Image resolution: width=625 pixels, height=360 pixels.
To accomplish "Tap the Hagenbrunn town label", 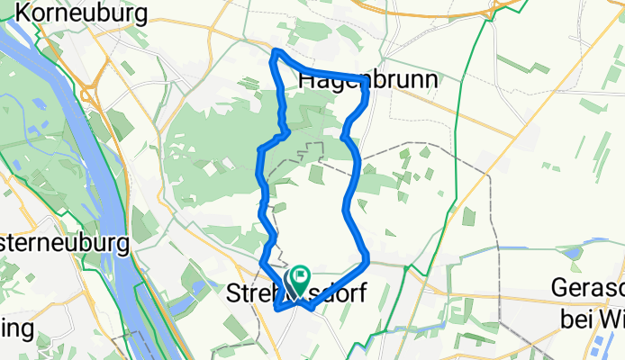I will pyautogui.click(x=367, y=80).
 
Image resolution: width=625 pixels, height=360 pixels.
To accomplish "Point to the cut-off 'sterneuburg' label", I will pyautogui.click(x=64, y=243).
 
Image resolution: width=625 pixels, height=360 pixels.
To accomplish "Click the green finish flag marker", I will pyautogui.click(x=298, y=278).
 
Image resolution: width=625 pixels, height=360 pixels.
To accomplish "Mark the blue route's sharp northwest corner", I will pyautogui.click(x=276, y=56).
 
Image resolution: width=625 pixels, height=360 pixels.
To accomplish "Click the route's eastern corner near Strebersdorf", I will pyautogui.click(x=368, y=261).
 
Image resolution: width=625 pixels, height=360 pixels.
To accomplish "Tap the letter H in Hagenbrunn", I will pyautogui.click(x=305, y=80).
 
